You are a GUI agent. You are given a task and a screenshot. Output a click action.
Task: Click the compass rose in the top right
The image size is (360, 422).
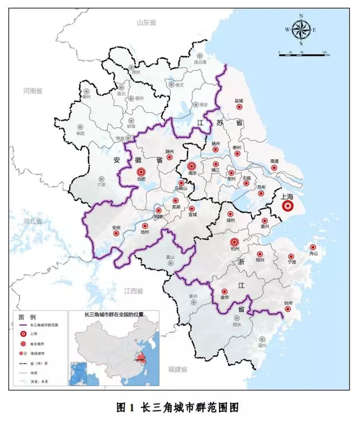pyautogui.click(x=300, y=30)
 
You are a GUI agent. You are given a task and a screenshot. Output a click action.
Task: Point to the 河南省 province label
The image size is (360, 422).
pyautogui.click(x=33, y=90)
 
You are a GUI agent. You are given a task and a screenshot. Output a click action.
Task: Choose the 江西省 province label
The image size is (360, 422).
pyautogui.click(x=133, y=291)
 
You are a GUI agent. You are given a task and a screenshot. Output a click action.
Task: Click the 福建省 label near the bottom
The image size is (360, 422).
pyautogui.click(x=178, y=369)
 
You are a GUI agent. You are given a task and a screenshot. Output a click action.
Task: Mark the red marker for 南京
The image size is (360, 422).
pyautogui.click(x=192, y=166)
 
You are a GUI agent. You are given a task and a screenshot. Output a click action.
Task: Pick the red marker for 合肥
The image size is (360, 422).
pyautogui.click(x=140, y=172)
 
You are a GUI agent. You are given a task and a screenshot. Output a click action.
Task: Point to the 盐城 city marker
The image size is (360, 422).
pyautogui.click(x=239, y=107)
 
